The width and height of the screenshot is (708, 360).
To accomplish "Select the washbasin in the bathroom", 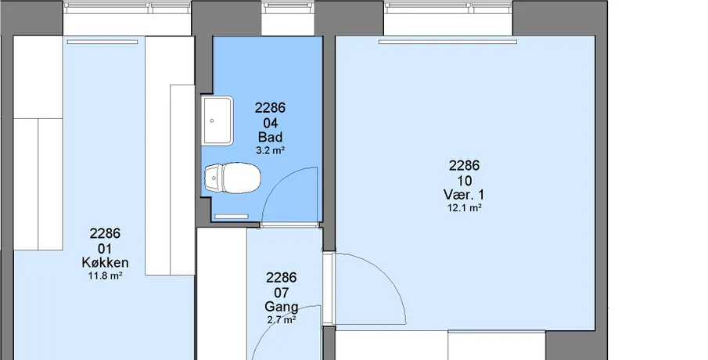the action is pos(217,121).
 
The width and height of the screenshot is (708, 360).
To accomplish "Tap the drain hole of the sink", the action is pos(212,121).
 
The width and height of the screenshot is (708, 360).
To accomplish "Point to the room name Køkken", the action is pos(105,262).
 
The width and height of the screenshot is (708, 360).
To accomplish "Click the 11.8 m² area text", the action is pos(105,275).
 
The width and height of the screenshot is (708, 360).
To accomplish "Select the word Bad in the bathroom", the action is pos(270,137).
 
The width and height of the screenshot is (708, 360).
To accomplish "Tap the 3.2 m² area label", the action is pos(270,150).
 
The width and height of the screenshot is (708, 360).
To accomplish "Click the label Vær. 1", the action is pos(464,195).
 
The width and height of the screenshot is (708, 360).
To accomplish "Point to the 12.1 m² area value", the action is pos(464,207).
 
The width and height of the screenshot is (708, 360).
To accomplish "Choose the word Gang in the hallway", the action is pos(281,307).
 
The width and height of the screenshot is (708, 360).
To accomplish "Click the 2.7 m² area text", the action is pos(281,320).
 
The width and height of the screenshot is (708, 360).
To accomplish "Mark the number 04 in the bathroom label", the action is pos(270,123).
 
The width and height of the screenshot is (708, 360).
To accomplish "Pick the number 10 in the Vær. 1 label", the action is pos(464,181).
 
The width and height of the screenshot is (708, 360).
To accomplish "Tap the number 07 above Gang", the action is pos(281,293).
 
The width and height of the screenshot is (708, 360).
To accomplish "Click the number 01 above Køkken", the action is pos(105,248).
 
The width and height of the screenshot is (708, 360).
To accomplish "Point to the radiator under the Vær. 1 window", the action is pos(447,42).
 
